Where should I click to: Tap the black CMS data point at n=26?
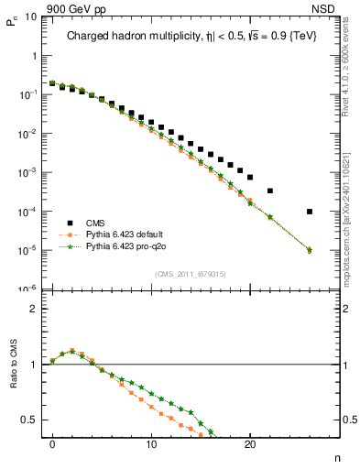310,212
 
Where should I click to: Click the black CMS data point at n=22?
270,191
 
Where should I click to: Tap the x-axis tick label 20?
250,449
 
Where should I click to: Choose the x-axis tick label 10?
151,449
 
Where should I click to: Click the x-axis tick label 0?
52,449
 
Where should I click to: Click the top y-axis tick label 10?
28,16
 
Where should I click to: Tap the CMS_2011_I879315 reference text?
183,274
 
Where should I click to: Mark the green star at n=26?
310,250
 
